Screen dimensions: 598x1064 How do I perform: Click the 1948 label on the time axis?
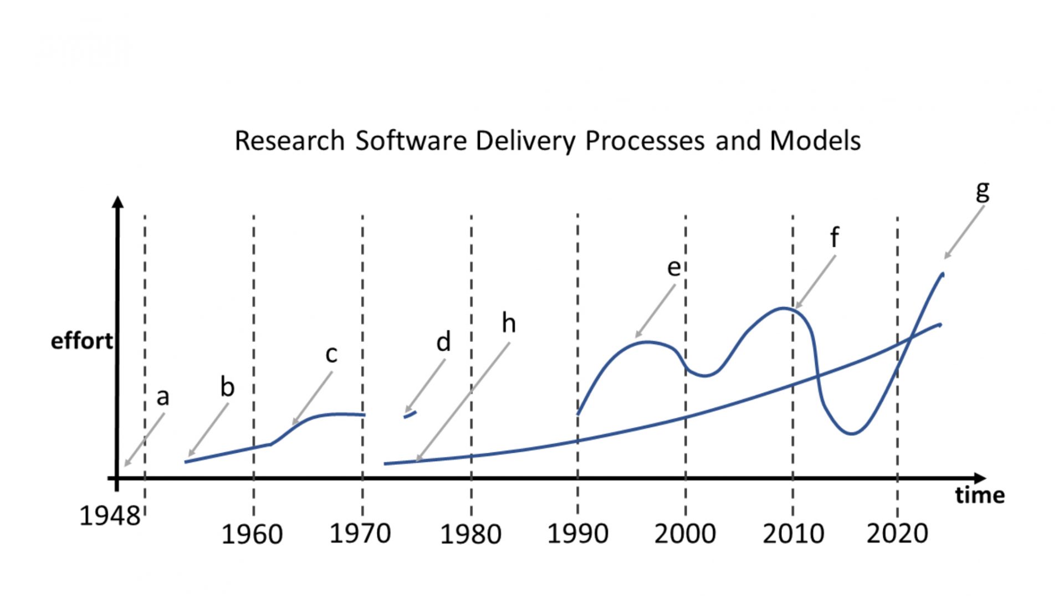click(110, 516)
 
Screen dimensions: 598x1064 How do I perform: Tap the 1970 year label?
click(360, 534)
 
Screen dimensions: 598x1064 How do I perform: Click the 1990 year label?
click(577, 534)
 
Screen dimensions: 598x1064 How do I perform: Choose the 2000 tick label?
click(685, 534)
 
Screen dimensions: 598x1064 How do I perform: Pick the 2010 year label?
click(793, 534)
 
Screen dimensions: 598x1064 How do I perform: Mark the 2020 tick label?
click(897, 534)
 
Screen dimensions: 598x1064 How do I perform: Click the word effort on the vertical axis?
click(81, 341)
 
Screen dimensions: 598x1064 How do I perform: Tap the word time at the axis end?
click(980, 495)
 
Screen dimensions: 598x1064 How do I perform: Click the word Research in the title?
click(289, 141)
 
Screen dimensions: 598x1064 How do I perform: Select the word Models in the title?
click(815, 141)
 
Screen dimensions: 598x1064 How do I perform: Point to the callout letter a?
click(162, 397)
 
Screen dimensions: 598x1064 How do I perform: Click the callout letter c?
click(331, 354)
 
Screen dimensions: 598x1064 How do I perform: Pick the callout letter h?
click(509, 323)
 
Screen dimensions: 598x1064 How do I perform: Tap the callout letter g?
click(982, 191)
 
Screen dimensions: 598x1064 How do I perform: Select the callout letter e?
click(673, 268)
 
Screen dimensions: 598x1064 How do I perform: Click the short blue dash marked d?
click(410, 414)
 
